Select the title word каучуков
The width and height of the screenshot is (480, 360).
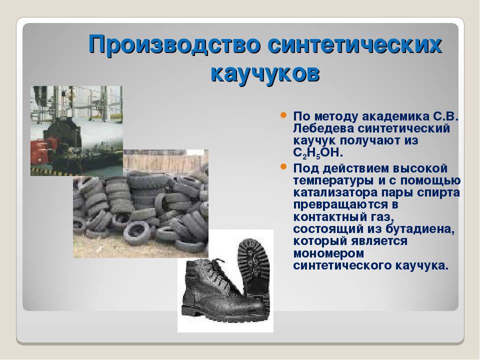point(265,74)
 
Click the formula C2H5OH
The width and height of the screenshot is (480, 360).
point(318,153)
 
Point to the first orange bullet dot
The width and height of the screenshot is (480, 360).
point(283,115)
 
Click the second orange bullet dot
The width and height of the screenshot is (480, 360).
point(283,167)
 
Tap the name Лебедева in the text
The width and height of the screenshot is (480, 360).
point(322,128)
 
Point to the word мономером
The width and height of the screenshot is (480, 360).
point(328,254)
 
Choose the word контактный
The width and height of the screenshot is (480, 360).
point(331,217)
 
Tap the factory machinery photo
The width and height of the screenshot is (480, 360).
point(76,131)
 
